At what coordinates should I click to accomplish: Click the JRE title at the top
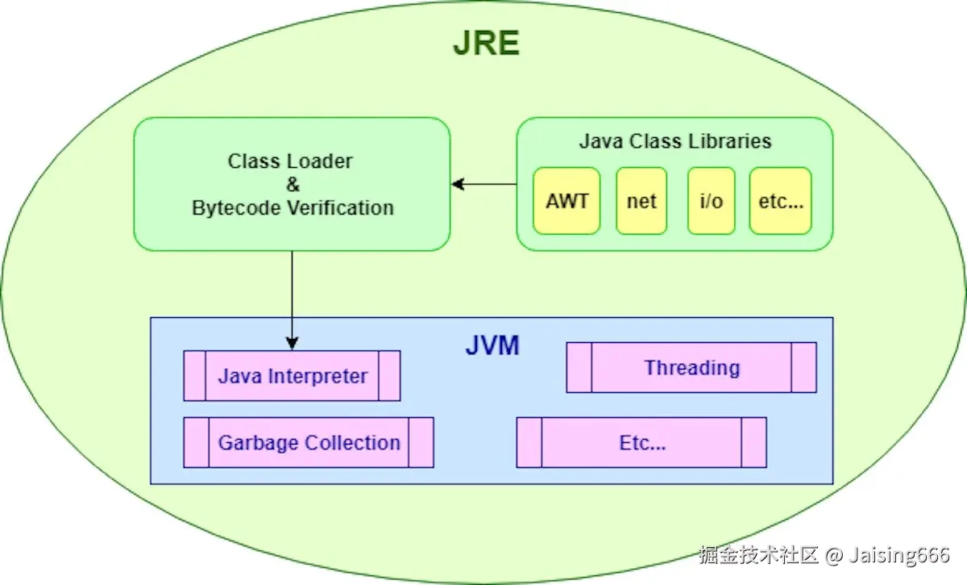486,43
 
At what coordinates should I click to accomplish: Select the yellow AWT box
567,201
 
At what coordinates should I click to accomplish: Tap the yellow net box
641,201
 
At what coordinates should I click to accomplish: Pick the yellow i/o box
711,201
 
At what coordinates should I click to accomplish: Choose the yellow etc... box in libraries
780,201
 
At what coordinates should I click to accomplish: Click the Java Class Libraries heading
674,141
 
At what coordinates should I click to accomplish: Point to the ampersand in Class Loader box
293,185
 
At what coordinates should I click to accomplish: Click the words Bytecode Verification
293,208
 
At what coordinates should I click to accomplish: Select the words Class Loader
290,161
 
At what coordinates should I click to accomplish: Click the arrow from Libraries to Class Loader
483,185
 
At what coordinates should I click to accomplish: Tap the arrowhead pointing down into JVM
293,342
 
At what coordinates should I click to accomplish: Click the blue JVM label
492,346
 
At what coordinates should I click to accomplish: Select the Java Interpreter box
292,376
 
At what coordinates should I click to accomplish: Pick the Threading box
691,368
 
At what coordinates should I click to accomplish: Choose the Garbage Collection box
309,443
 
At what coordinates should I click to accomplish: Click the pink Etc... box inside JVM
641,443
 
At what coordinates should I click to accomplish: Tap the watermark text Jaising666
899,555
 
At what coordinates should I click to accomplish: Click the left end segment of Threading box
579,368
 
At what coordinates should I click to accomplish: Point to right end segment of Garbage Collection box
421,443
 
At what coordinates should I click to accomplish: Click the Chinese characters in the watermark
758,555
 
